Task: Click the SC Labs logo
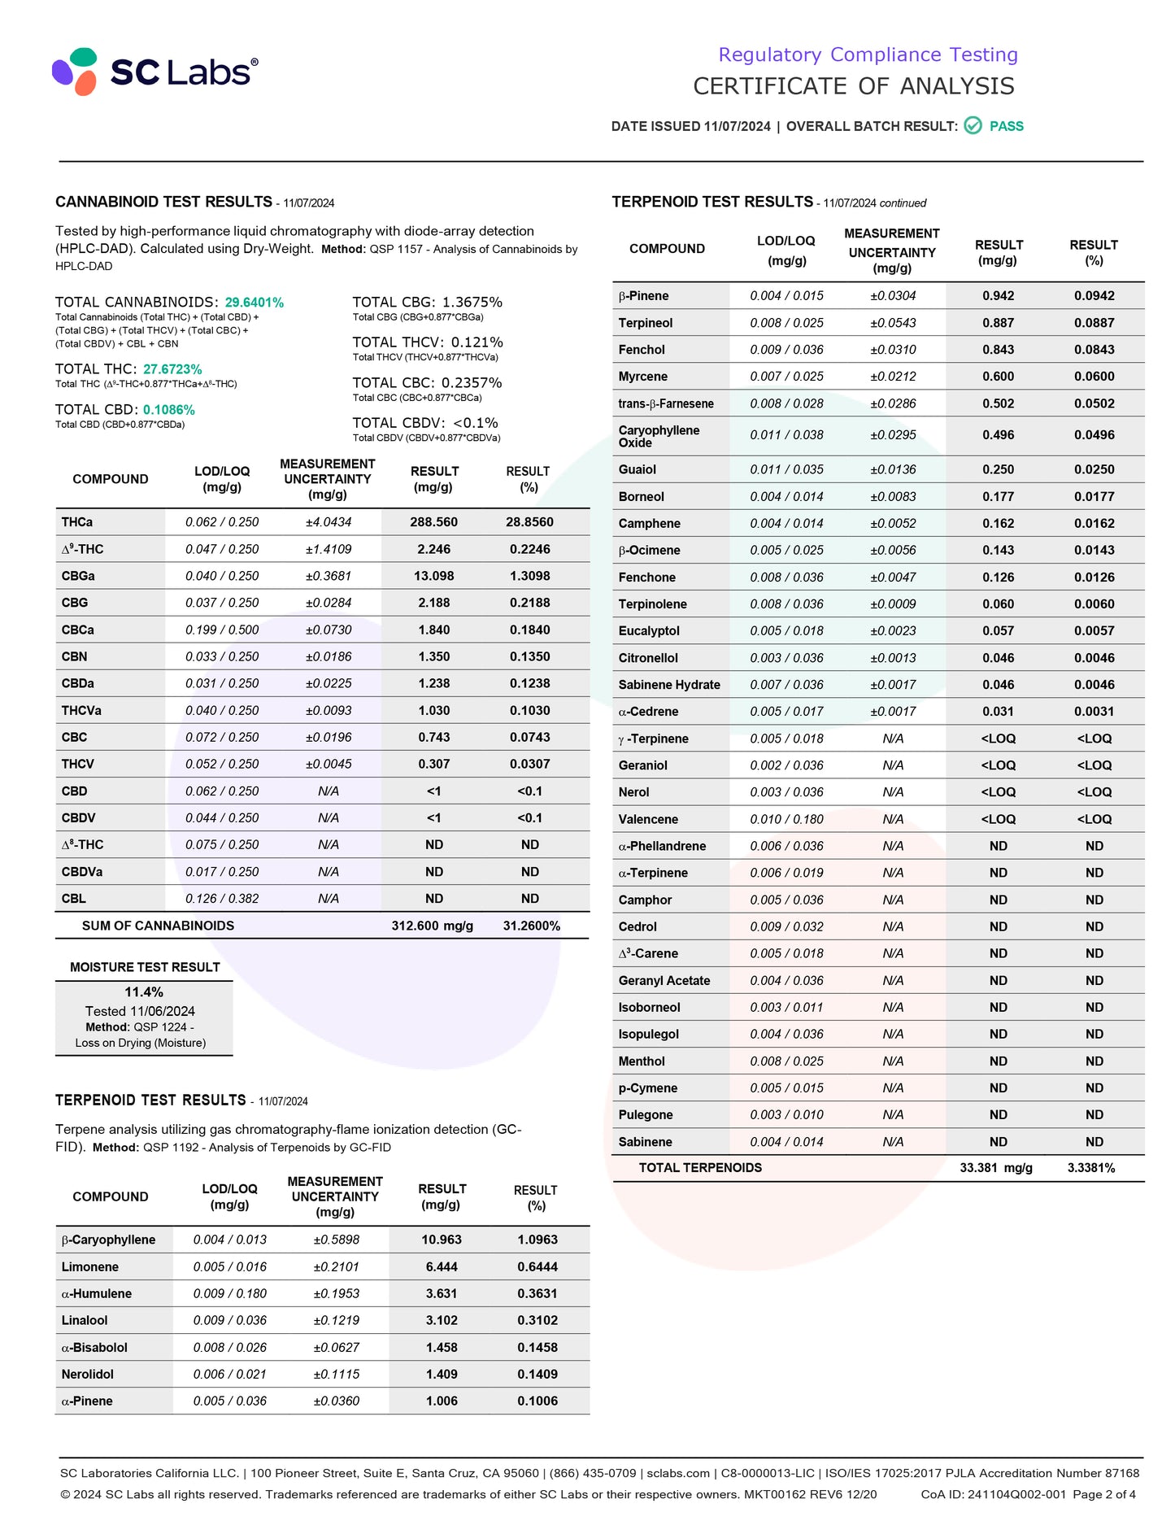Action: tap(155, 72)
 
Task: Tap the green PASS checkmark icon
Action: tap(973, 126)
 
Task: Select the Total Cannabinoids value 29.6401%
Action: tap(255, 303)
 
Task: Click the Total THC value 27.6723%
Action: tap(172, 369)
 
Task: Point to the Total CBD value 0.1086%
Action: tap(169, 410)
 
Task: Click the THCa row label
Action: tap(77, 522)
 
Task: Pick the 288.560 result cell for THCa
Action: tap(433, 522)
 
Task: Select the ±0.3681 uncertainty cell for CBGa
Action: tap(329, 576)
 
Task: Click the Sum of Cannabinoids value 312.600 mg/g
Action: tap(432, 926)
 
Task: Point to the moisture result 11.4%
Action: tap(144, 992)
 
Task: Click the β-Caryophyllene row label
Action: tap(108, 1240)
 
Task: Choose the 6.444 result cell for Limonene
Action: tap(442, 1266)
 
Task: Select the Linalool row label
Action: tap(85, 1320)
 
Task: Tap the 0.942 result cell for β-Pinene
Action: tap(998, 296)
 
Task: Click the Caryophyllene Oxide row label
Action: tap(659, 436)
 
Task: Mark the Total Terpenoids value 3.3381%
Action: tap(1091, 1168)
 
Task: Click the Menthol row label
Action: tap(642, 1061)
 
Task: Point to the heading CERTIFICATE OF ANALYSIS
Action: tap(853, 86)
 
